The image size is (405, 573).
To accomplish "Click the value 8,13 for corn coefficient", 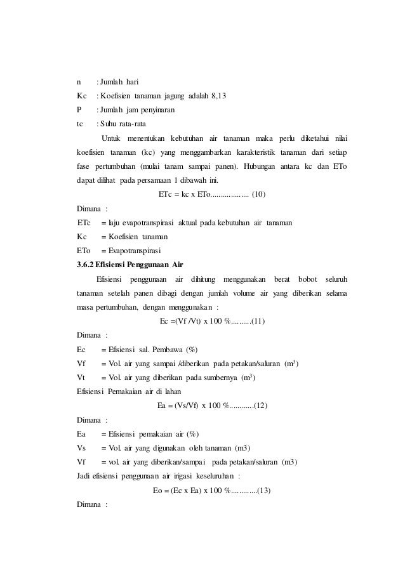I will [220, 96].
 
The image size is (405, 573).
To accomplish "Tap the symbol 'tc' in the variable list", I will [80, 124].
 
